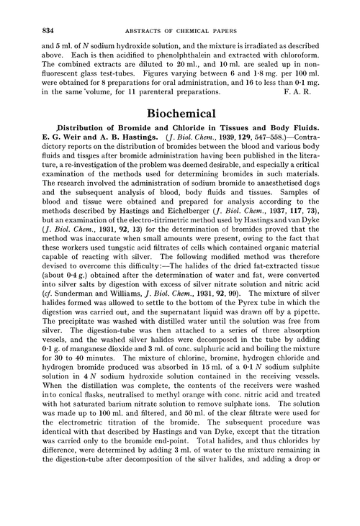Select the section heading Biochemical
pos(180,114)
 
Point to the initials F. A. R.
pos(323,91)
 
